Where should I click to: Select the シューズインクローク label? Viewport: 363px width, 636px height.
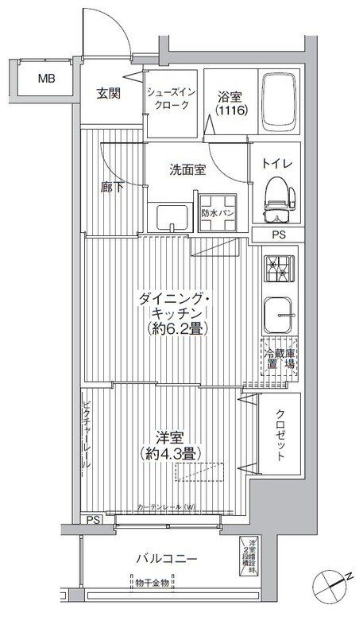[x=168, y=99]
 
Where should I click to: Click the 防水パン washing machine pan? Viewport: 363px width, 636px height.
[x=216, y=213]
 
